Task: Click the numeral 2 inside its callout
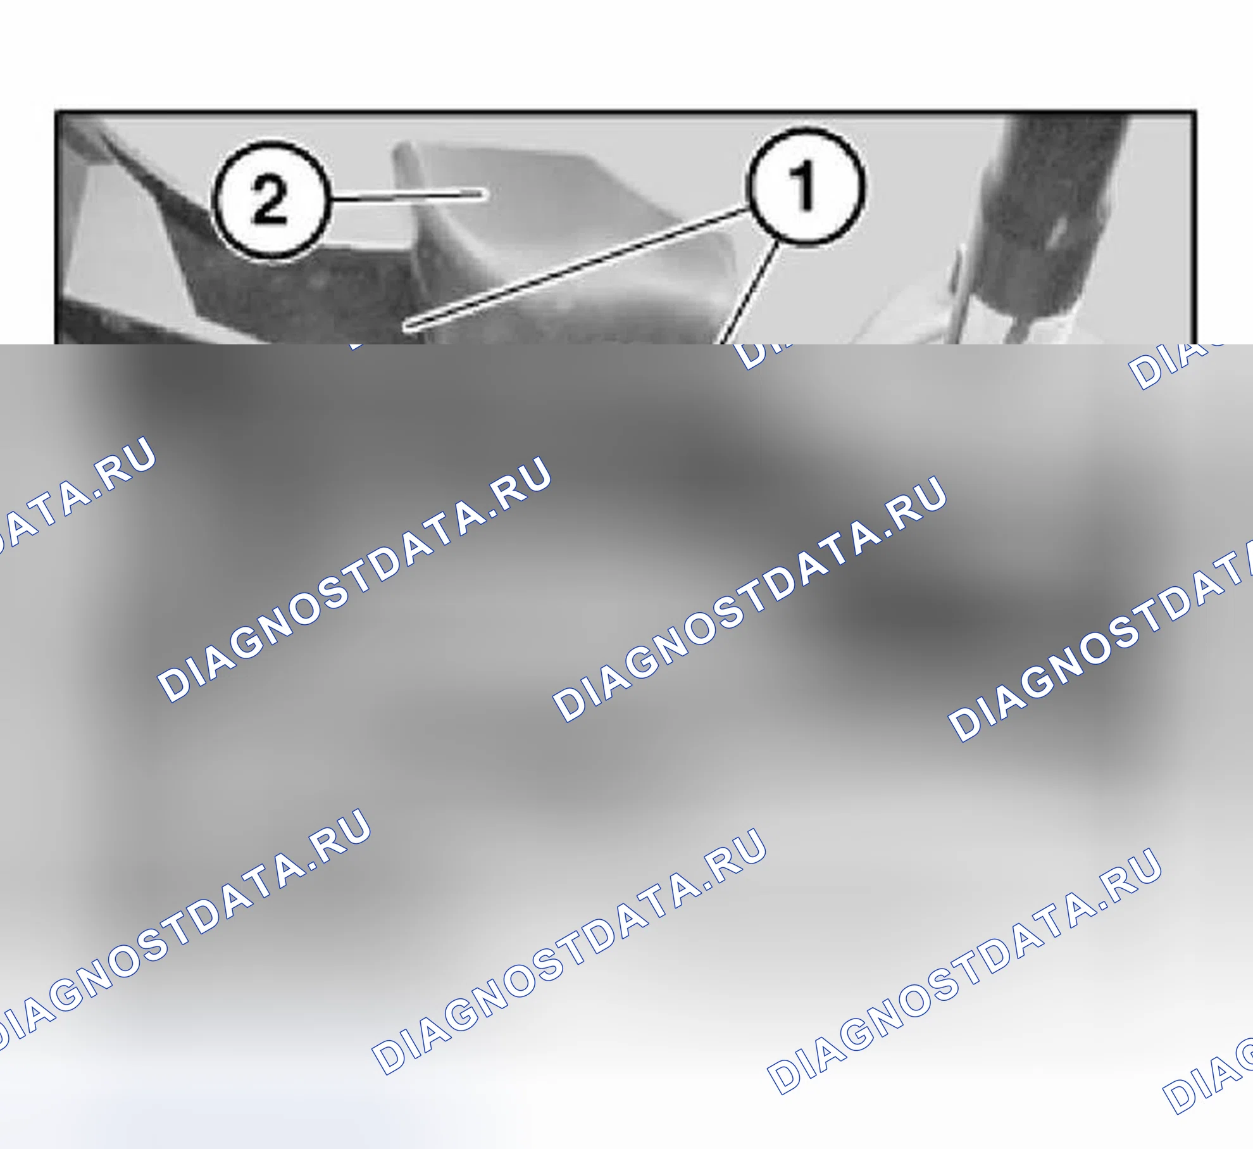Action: pyautogui.click(x=270, y=199)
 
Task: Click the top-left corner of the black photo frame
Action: pyautogui.click(x=56, y=112)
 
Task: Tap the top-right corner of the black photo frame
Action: pyautogui.click(x=1195, y=112)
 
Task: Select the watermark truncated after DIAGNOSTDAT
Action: pyautogui.click(x=1101, y=639)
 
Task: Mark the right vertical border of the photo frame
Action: pyautogui.click(x=1195, y=228)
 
